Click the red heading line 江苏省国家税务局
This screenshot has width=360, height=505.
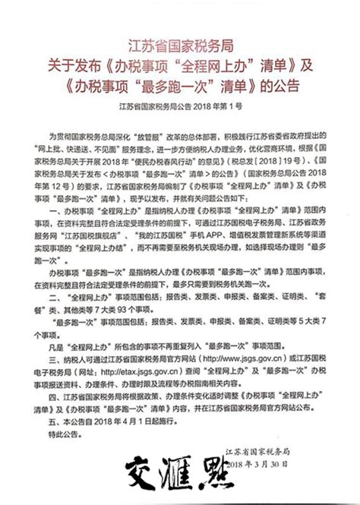180,40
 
